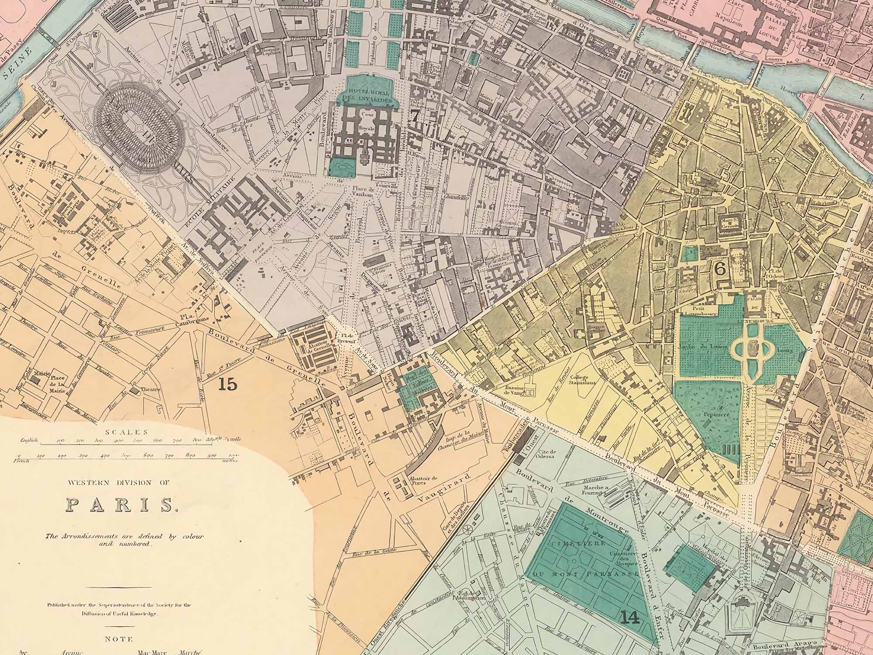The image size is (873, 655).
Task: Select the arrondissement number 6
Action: (720, 269)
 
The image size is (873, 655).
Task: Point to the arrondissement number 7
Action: (414, 117)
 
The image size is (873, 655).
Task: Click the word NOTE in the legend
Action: (118, 639)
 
